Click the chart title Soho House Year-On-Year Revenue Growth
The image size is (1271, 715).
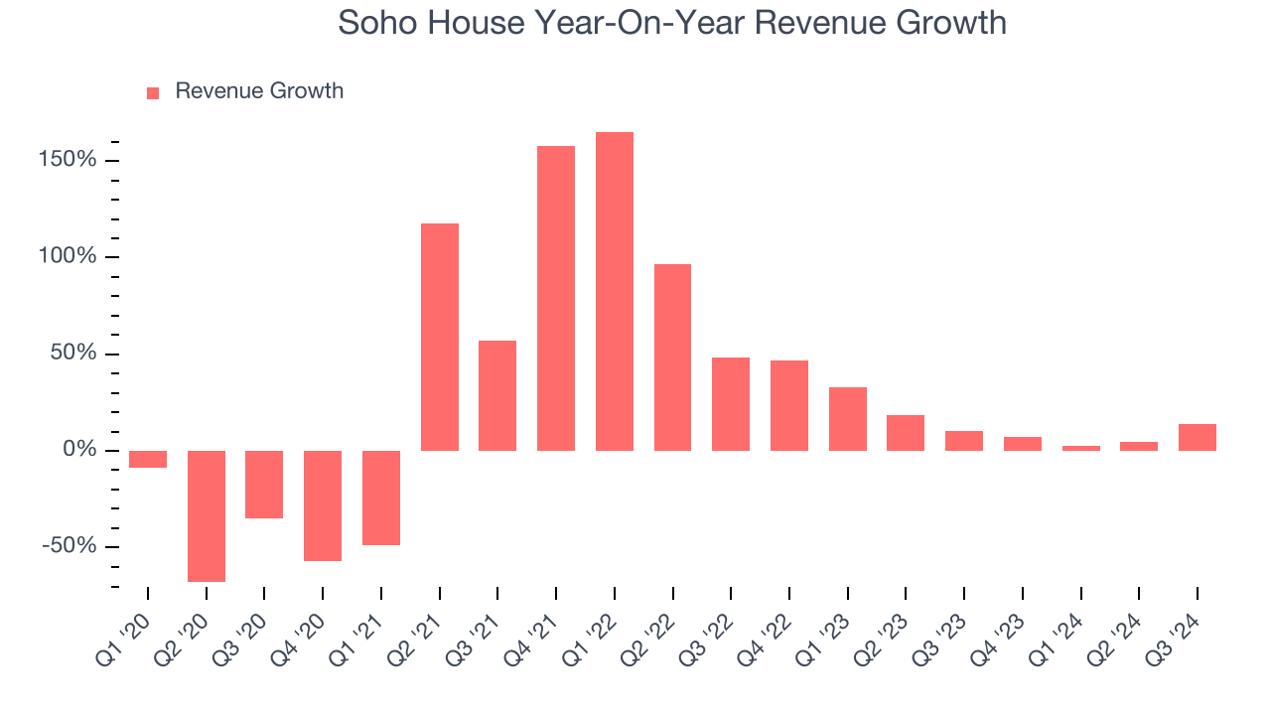click(x=672, y=23)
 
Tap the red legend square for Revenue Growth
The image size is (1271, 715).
click(x=153, y=92)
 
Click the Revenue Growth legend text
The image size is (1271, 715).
click(x=259, y=91)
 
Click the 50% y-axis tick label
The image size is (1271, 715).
click(x=71, y=354)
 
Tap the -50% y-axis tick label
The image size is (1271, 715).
click(x=69, y=547)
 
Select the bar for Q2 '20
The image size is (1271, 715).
click(x=207, y=515)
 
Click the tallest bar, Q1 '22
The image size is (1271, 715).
click(x=615, y=291)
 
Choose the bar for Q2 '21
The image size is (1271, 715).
click(x=440, y=337)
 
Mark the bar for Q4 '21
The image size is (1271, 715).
click(x=556, y=298)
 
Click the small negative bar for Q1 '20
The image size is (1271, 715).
click(x=148, y=459)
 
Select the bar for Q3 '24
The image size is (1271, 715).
click(x=1198, y=437)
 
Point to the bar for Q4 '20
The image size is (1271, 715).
click(x=323, y=505)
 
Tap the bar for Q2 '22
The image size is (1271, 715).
click(x=672, y=357)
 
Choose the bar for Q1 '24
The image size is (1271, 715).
click(x=1081, y=448)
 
